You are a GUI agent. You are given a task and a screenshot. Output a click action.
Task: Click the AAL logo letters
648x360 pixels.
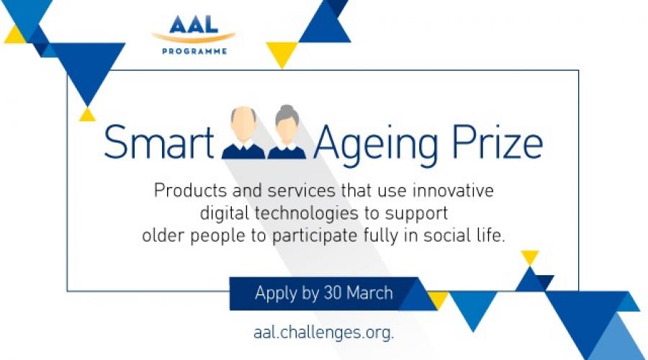coord(194,24)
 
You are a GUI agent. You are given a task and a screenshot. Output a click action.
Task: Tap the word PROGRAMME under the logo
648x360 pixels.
coord(194,52)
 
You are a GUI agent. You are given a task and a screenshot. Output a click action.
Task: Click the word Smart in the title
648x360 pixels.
coord(158,142)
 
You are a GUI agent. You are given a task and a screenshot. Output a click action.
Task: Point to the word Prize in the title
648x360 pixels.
coord(497,142)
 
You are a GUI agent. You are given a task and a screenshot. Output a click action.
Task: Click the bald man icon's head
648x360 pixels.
coord(243,122)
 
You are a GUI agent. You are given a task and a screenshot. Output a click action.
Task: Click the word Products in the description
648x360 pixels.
coord(191,191)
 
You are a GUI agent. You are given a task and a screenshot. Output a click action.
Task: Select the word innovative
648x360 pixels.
coord(454,191)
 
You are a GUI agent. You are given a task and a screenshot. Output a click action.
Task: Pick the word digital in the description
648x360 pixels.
coord(225,214)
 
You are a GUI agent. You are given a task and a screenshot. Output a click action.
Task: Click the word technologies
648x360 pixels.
coord(306,214)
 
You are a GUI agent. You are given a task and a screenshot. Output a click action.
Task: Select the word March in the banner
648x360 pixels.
coord(369,293)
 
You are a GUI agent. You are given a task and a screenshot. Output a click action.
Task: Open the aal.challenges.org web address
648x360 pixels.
coord(323,333)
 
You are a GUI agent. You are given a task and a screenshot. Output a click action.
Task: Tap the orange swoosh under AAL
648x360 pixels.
coord(194,37)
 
